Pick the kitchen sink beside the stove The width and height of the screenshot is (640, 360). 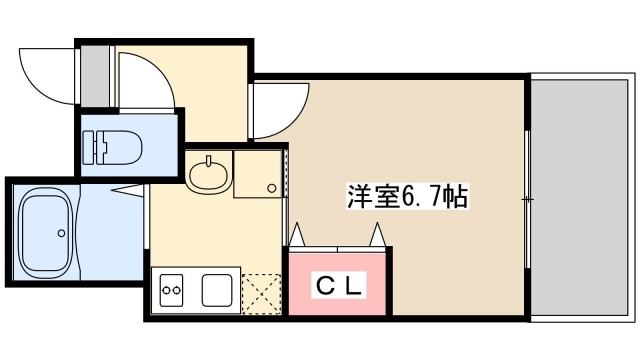tap(218, 291)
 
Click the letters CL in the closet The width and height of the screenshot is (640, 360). tap(340, 285)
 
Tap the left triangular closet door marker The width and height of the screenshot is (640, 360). tap(297, 236)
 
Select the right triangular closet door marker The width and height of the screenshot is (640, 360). tap(379, 236)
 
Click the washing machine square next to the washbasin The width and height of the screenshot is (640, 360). tap(258, 174)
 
